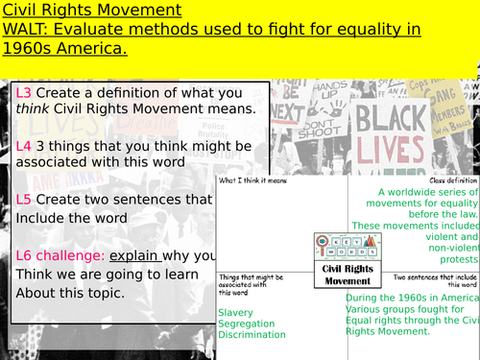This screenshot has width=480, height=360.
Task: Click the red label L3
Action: pyautogui.click(x=25, y=92)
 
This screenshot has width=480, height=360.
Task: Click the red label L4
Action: pyautogui.click(x=25, y=146)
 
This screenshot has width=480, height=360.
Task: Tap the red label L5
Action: pyautogui.click(x=25, y=200)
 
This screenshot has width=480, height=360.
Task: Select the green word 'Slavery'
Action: pyautogui.click(x=240, y=312)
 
